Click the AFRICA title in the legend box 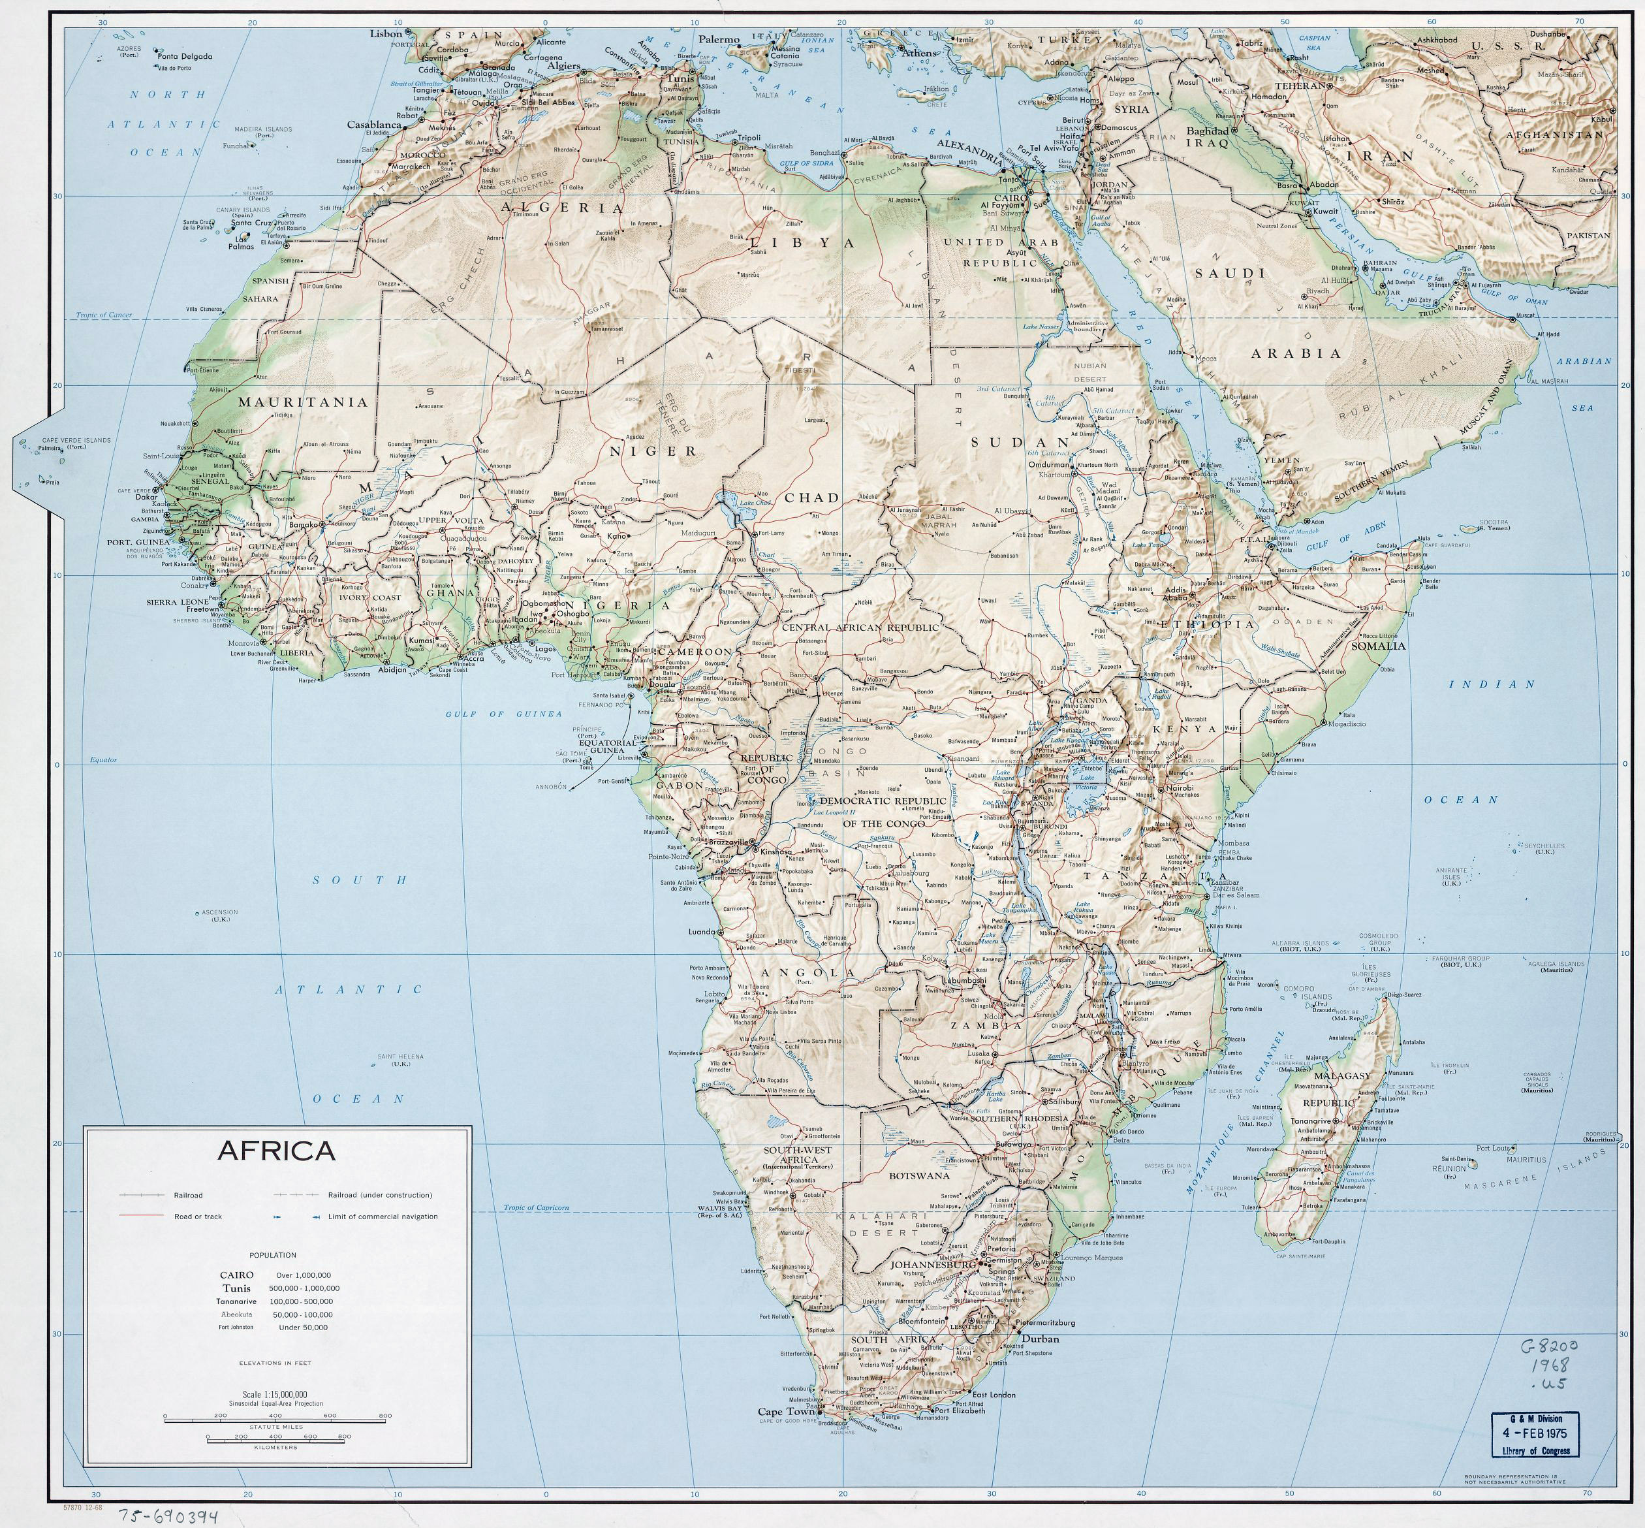[276, 1151]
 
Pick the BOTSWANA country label [918, 1175]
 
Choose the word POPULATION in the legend [272, 1255]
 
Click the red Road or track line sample [142, 1217]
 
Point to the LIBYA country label [802, 243]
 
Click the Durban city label [1040, 1339]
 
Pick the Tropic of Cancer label [104, 315]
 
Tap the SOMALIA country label [1378, 645]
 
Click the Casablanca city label [373, 125]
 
